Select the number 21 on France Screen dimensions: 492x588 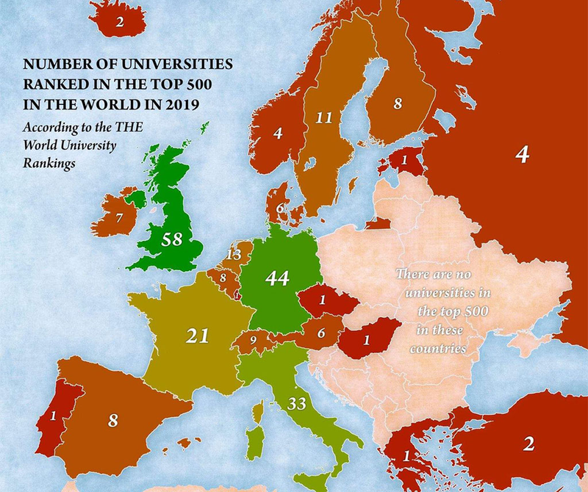tap(197, 336)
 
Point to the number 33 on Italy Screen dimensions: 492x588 tap(297, 403)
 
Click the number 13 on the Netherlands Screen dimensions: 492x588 tap(234, 254)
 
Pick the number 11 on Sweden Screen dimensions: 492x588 tap(324, 117)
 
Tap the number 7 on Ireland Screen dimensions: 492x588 tap(119, 218)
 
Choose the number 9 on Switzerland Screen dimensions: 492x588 tap(253, 341)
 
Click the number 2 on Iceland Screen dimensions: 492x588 tap(120, 22)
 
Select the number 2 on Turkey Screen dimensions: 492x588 tap(528, 443)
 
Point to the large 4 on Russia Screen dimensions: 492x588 tap(522, 155)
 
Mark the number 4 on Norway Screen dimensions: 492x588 tap(278, 134)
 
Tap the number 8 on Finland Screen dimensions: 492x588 tap(398, 104)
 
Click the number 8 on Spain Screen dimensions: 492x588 tap(112, 420)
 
